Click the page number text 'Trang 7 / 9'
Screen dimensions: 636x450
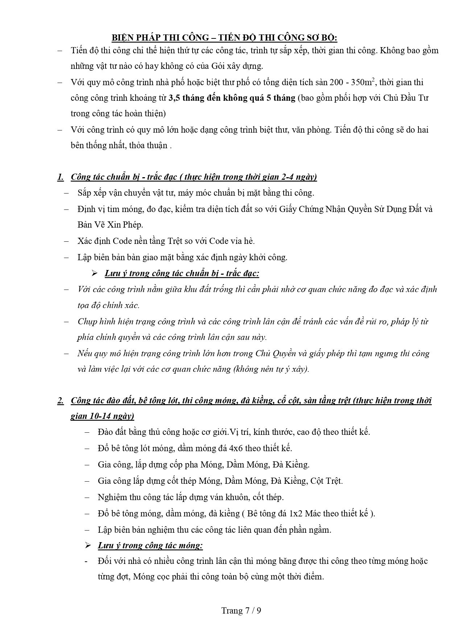[x=241, y=611]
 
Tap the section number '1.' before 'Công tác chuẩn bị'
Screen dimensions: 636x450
[x=61, y=177]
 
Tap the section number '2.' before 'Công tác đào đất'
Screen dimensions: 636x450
[x=61, y=400]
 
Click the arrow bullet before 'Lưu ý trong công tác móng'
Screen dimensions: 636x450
[x=88, y=545]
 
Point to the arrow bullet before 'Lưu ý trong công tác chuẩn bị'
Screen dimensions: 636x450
[x=95, y=273]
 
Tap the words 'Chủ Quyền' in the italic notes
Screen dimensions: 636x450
[x=276, y=353]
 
